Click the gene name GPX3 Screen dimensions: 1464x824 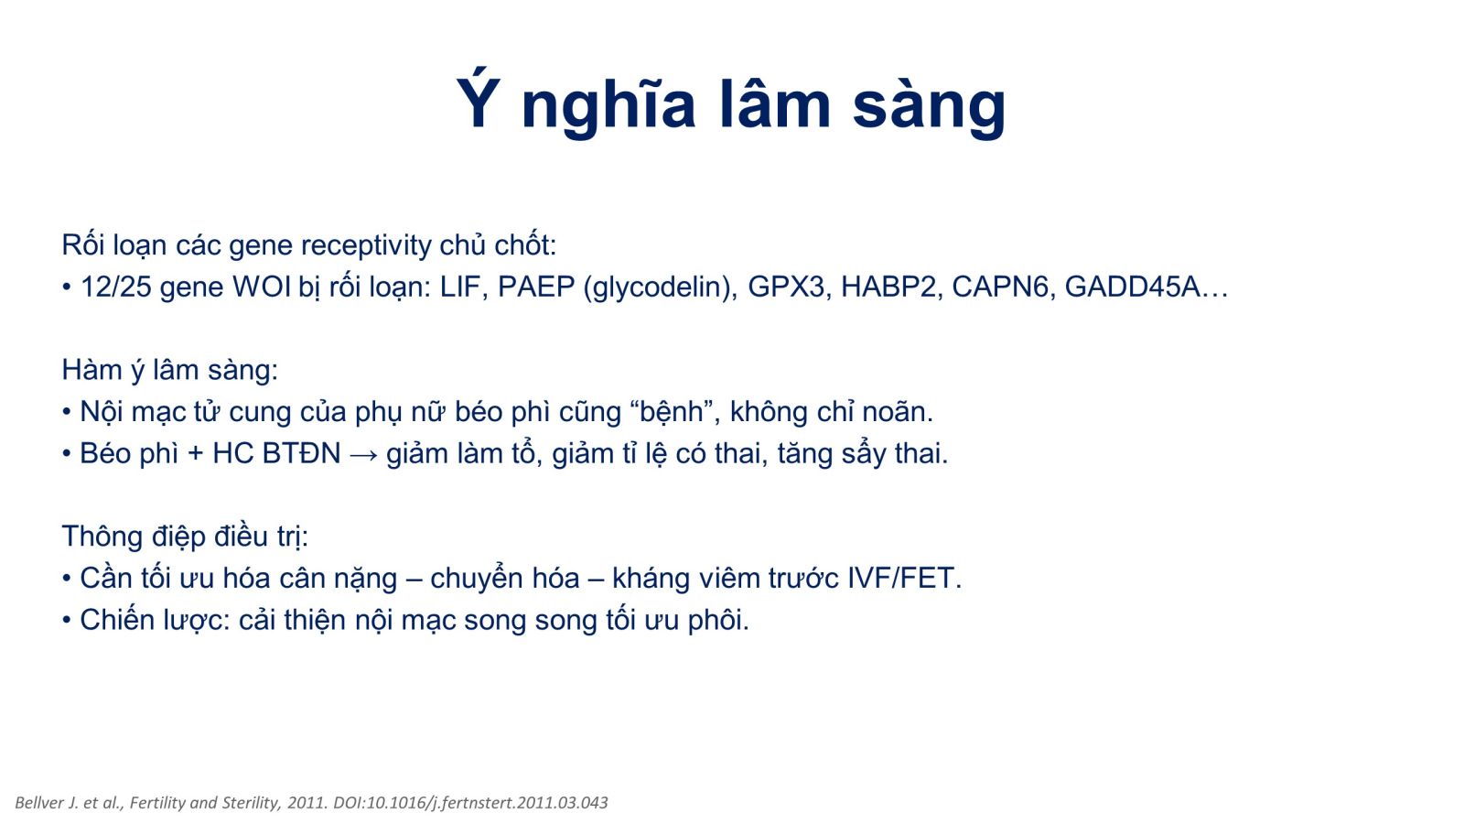click(786, 287)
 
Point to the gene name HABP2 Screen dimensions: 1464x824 click(888, 287)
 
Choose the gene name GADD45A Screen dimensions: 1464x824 click(1133, 287)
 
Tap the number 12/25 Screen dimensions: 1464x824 click(115, 287)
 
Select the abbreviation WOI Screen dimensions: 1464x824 click(262, 287)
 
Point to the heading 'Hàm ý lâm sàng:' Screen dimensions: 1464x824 click(170, 370)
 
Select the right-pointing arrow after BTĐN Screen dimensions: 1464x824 click(364, 454)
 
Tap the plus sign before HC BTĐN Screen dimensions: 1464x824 click(195, 454)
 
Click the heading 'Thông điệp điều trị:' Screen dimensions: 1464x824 click(185, 537)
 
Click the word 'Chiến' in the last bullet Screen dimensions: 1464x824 click(117, 620)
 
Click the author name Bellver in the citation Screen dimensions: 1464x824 click(38, 802)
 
